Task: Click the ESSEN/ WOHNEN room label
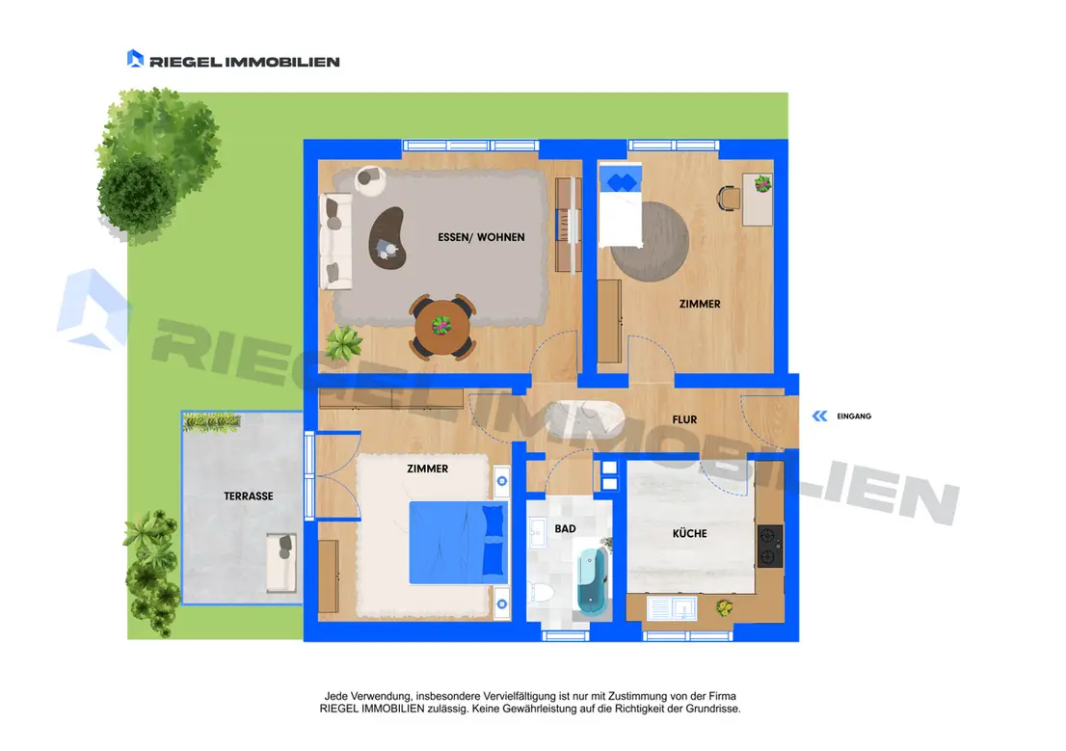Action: click(x=481, y=237)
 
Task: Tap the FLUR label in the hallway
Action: click(x=684, y=419)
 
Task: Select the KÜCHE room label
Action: click(x=689, y=533)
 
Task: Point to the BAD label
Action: click(x=565, y=528)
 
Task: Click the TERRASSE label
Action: click(x=248, y=496)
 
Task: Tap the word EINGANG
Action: click(x=854, y=416)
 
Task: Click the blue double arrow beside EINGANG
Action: click(x=820, y=416)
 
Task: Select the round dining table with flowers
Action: click(x=441, y=327)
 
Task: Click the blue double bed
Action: click(x=458, y=543)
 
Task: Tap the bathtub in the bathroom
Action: click(x=592, y=580)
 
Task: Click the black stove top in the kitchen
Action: click(x=769, y=547)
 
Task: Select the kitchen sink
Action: click(x=672, y=607)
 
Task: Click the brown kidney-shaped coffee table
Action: click(x=387, y=237)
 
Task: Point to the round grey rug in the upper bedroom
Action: click(x=651, y=241)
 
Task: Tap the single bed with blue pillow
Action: click(x=620, y=204)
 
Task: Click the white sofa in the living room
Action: click(x=335, y=241)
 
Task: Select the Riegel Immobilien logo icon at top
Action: click(x=135, y=59)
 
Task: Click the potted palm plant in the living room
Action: click(x=343, y=343)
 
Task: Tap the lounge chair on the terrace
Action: click(x=280, y=563)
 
